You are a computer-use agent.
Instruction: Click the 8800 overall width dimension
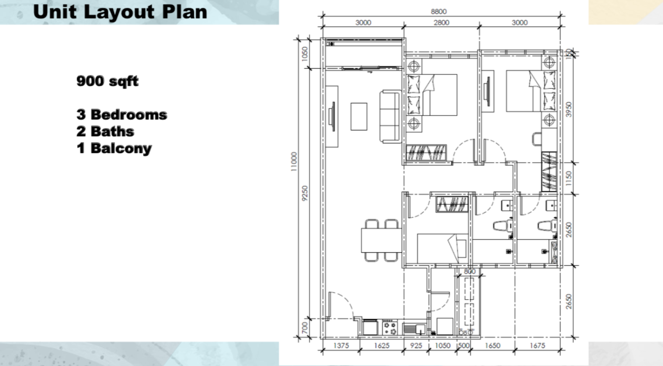(x=439, y=11)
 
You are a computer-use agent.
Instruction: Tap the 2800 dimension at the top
(x=441, y=22)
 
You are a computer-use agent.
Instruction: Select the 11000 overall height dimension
(x=294, y=162)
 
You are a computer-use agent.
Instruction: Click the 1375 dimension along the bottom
(x=341, y=345)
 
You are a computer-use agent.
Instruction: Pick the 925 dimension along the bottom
(x=416, y=345)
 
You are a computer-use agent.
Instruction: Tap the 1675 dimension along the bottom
(x=537, y=345)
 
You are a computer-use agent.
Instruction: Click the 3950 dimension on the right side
(x=569, y=109)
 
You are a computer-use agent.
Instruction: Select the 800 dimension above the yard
(x=469, y=271)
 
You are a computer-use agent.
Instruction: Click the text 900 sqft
(x=107, y=81)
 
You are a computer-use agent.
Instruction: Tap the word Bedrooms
(x=129, y=115)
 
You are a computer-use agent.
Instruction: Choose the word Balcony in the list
(x=121, y=148)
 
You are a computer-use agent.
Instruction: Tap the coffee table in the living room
(x=359, y=116)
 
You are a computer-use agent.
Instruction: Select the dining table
(x=381, y=240)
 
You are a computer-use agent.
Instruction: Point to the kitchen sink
(x=414, y=328)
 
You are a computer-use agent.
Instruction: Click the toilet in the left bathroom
(x=502, y=226)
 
